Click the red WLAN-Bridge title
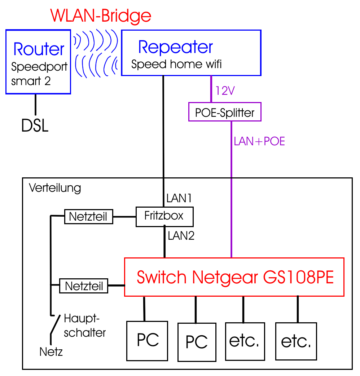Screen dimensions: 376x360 coord(101,16)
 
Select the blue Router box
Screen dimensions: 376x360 coord(38,62)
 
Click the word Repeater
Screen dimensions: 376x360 coord(176,47)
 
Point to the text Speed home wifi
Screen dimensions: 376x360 coord(176,65)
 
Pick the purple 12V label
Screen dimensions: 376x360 coord(225,91)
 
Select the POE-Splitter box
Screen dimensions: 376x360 coord(225,112)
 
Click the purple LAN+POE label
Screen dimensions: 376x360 coord(259,141)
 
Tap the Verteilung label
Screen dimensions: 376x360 coord(55,188)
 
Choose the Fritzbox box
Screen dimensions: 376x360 coord(164,216)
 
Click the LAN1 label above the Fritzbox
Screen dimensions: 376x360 coord(179,198)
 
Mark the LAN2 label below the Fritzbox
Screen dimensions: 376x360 coord(181,236)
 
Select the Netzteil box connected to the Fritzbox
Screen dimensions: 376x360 coord(88,217)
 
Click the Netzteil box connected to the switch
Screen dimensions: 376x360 coord(84,286)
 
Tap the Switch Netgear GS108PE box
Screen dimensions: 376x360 coord(234,277)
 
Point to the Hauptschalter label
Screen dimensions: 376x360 coord(84,326)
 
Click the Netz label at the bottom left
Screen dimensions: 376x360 coord(51,351)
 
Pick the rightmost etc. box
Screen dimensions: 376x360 coord(296,341)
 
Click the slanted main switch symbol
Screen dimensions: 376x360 coord(55,324)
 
